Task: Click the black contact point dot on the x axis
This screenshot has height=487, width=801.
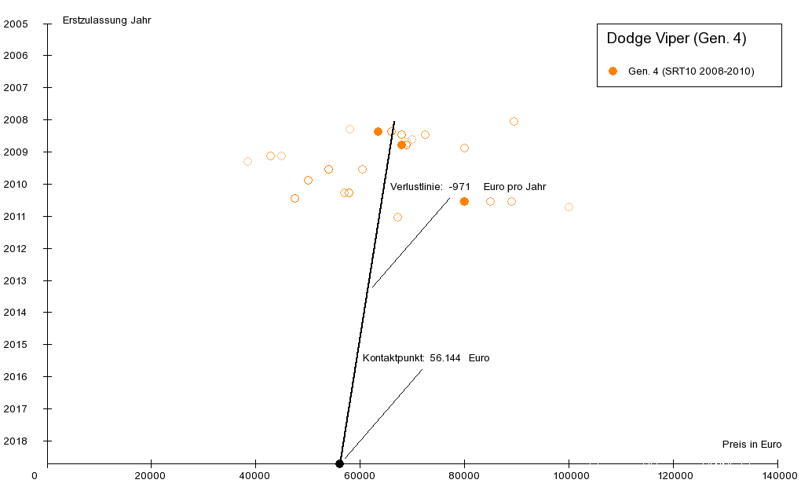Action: pyautogui.click(x=339, y=463)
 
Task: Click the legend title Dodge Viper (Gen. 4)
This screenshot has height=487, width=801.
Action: pyautogui.click(x=676, y=38)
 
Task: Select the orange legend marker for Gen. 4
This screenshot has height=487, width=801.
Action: pyautogui.click(x=613, y=71)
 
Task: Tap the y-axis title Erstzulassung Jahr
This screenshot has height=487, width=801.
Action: pyautogui.click(x=107, y=20)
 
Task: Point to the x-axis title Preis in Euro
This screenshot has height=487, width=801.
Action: pyautogui.click(x=752, y=444)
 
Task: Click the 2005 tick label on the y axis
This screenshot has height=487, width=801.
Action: pyautogui.click(x=16, y=24)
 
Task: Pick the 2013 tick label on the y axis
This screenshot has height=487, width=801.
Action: pyautogui.click(x=16, y=280)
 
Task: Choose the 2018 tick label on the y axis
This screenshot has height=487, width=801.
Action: pyautogui.click(x=16, y=441)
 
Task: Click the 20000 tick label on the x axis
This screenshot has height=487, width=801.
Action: pyautogui.click(x=151, y=475)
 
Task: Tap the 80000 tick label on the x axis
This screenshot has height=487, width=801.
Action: pyautogui.click(x=464, y=475)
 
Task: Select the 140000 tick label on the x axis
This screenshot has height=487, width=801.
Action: pyautogui.click(x=777, y=475)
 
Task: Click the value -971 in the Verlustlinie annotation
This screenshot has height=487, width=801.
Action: pyautogui.click(x=459, y=186)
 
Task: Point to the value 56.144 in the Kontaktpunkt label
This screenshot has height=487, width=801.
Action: pyautogui.click(x=445, y=357)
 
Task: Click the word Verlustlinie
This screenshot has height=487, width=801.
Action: pyautogui.click(x=416, y=186)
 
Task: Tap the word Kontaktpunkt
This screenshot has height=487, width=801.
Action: pyautogui.click(x=393, y=357)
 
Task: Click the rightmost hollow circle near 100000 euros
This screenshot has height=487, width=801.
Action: pyautogui.click(x=569, y=207)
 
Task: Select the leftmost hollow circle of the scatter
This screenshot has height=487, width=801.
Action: pyautogui.click(x=247, y=161)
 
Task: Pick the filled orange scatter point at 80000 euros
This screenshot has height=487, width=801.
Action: pyautogui.click(x=464, y=201)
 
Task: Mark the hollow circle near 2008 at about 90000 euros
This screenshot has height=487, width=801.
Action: pyautogui.click(x=514, y=121)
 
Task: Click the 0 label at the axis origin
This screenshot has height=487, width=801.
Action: pyautogui.click(x=35, y=475)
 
